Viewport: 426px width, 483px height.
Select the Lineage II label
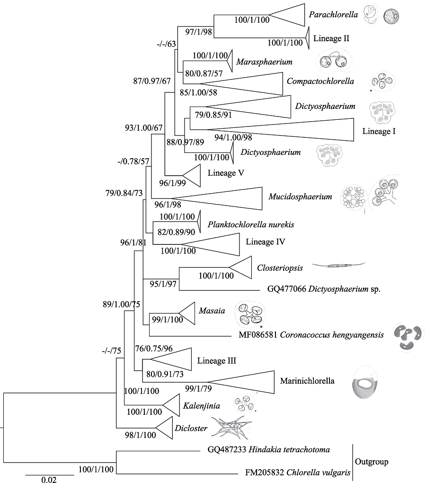click(x=331, y=38)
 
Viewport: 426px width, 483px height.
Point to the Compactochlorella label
click(x=320, y=81)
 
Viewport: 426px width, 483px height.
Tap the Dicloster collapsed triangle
click(x=163, y=428)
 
